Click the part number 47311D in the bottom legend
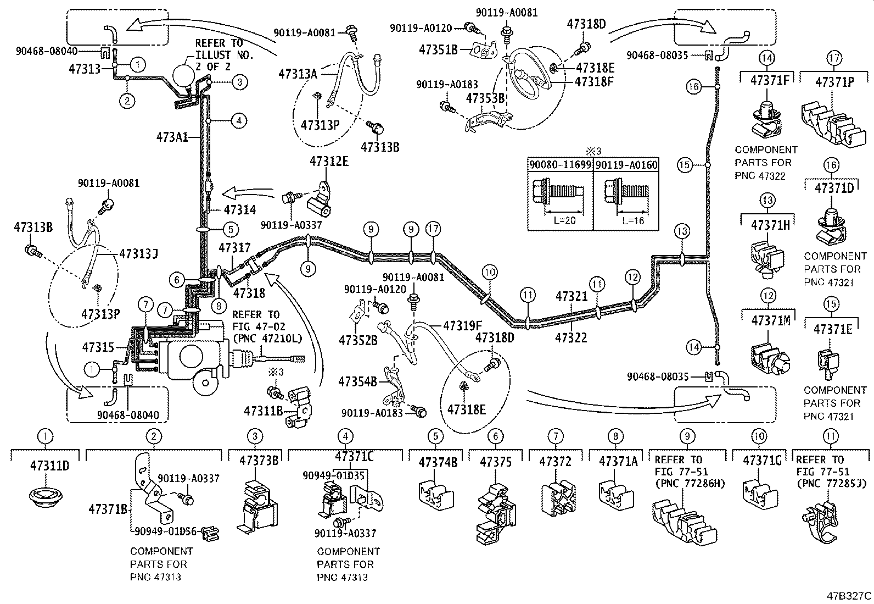click(x=49, y=466)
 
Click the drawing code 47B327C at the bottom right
click(x=850, y=595)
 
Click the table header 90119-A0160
click(x=626, y=164)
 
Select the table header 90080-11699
click(x=561, y=164)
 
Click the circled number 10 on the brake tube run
click(x=489, y=271)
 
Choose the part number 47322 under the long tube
click(x=571, y=337)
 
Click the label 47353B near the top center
click(x=485, y=98)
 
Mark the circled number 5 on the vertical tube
click(x=231, y=229)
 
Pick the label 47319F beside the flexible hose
click(x=462, y=325)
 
